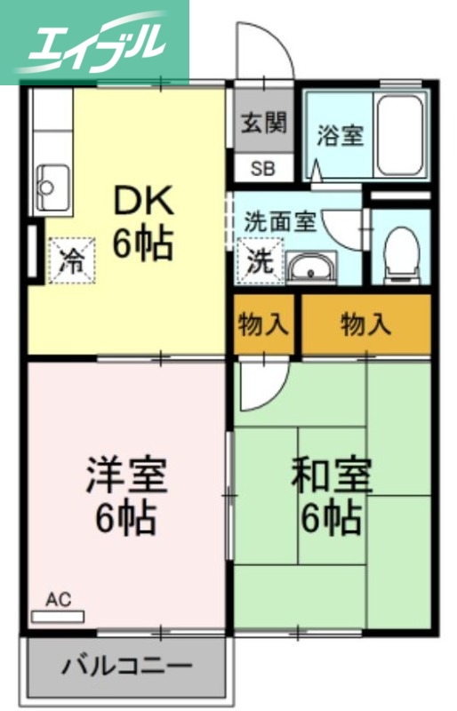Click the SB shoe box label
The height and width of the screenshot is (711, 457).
pyautogui.click(x=262, y=167)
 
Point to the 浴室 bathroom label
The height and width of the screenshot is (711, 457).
pyautogui.click(x=340, y=137)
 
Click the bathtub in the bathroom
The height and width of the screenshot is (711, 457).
pyautogui.click(x=402, y=133)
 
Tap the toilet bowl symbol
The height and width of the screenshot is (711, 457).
pyautogui.click(x=401, y=252)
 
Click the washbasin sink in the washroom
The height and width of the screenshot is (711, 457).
pyautogui.click(x=310, y=267)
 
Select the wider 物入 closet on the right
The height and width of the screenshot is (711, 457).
pyautogui.click(x=365, y=325)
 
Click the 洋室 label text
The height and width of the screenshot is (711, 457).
pyautogui.click(x=126, y=475)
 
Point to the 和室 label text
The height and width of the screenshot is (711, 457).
pyautogui.click(x=331, y=476)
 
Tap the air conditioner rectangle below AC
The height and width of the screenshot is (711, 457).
pyautogui.click(x=57, y=615)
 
